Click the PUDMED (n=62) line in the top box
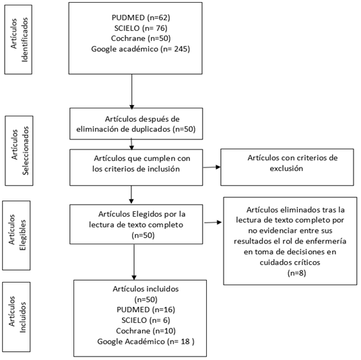tap(141, 17)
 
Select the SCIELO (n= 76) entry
tap(141, 28)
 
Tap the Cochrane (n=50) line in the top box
tap(141, 38)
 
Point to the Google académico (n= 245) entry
tap(141, 49)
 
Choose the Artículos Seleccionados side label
tap(20, 151)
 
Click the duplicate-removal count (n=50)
tap(184, 129)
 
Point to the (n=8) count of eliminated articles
tap(297, 273)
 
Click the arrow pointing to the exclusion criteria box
tap(211, 168)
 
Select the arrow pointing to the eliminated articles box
tap(213, 222)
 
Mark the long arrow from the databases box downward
tap(132, 92)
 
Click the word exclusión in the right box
tap(286, 168)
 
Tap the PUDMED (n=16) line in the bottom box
tap(145, 310)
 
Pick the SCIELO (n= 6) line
tap(145, 320)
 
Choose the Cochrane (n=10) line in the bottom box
tap(145, 331)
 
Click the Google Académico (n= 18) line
tap(145, 341)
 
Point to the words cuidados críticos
tap(290, 262)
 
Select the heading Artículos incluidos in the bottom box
tap(145, 289)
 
